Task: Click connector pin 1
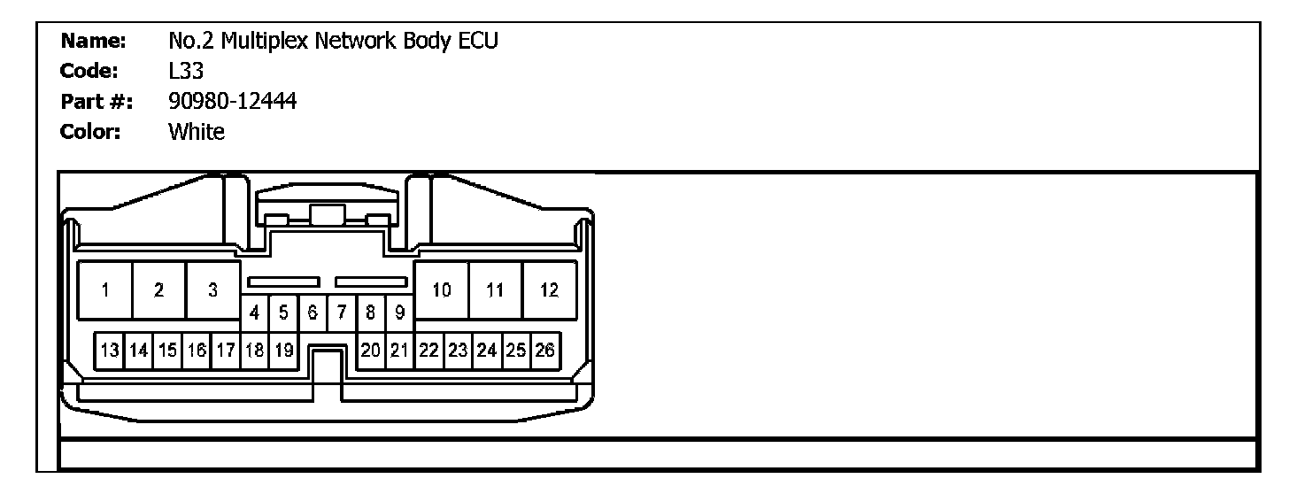(105, 290)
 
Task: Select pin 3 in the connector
(212, 290)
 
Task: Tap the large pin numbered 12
(549, 290)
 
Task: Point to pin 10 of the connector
(442, 290)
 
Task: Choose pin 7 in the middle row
(342, 313)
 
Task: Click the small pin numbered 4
(255, 313)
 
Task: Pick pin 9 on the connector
(400, 313)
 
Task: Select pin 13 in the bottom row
(110, 351)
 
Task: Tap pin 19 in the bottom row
(283, 351)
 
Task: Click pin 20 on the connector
(371, 351)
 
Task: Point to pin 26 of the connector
(544, 351)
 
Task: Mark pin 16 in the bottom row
(197, 351)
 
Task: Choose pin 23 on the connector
(458, 351)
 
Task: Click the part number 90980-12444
(232, 102)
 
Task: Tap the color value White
(197, 133)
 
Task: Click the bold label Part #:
(96, 103)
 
